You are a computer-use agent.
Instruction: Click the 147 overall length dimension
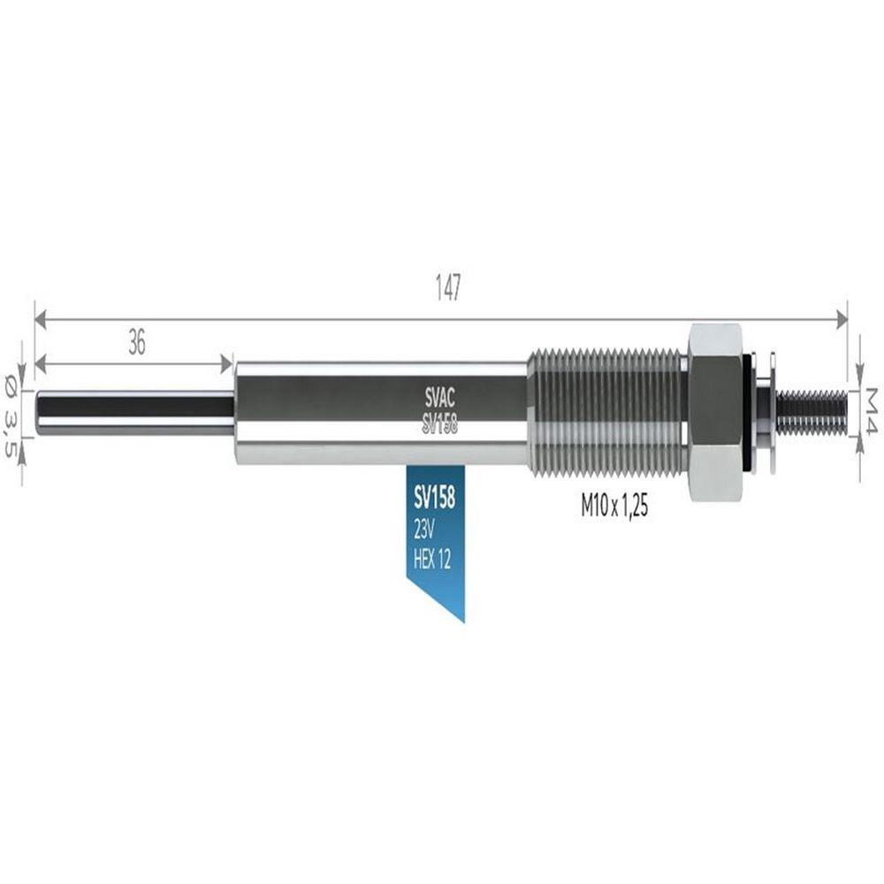point(448,287)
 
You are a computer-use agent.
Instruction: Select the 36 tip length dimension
point(137,342)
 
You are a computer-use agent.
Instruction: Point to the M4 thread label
point(872,410)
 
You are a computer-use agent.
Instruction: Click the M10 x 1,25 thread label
point(614,507)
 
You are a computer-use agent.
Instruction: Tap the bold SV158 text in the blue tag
point(434,499)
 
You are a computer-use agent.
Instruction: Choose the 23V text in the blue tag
point(423,530)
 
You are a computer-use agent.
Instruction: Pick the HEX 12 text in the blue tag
point(432,560)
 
